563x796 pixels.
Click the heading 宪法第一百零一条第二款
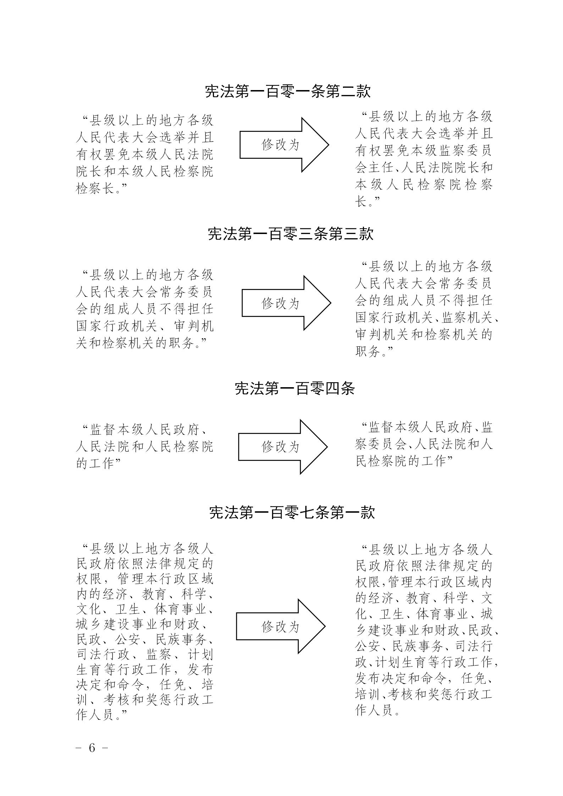point(288,91)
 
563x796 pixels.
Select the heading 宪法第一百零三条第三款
point(291,234)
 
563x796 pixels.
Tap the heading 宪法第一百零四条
point(295,389)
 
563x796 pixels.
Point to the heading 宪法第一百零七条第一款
point(292,512)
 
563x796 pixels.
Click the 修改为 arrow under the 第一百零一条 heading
point(284,145)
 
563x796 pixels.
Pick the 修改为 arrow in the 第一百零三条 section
point(286,303)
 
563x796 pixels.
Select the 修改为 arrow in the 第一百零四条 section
point(283,447)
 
